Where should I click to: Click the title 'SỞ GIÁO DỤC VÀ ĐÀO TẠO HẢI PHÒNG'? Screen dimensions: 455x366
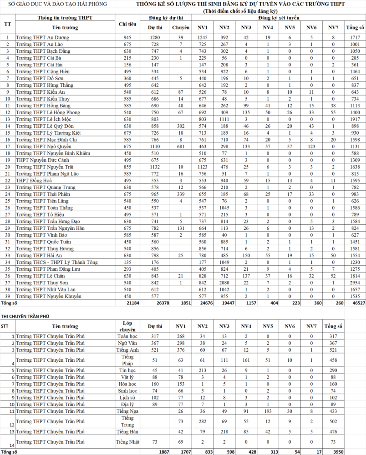click(55, 4)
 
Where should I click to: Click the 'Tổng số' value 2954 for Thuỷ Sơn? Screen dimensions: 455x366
click(355, 283)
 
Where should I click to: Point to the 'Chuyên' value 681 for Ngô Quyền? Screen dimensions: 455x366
click(181, 146)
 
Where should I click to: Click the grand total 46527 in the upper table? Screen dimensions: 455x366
click(355, 303)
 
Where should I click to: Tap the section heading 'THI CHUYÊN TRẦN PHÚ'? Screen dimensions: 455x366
click(25, 316)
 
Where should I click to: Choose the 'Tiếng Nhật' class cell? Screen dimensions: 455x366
click(127, 441)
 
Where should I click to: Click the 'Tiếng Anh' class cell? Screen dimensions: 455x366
click(127, 349)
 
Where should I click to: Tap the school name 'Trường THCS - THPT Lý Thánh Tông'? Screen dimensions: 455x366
click(56, 262)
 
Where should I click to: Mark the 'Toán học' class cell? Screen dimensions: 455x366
click(127, 336)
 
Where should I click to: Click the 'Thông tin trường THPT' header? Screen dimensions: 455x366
click(63, 17)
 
